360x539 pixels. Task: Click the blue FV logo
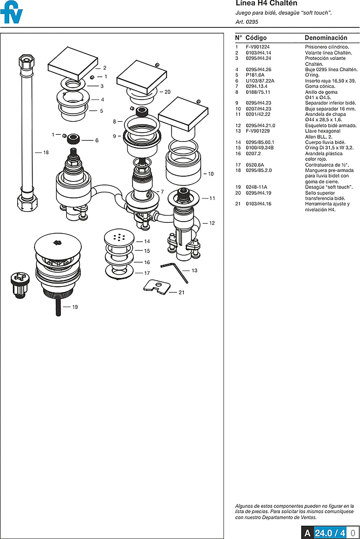pyautogui.click(x=11, y=13)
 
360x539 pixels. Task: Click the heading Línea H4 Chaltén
pyautogui.click(x=266, y=4)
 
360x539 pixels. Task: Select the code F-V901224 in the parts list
pyautogui.click(x=258, y=47)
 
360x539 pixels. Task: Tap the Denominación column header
pyautogui.click(x=326, y=38)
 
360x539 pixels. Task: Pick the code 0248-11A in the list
pyautogui.click(x=256, y=187)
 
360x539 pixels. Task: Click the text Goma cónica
pyautogui.click(x=320, y=86)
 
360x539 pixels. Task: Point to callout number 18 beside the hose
pyautogui.click(x=46, y=152)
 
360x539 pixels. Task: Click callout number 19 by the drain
pyautogui.click(x=75, y=307)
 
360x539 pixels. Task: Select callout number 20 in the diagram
pyautogui.click(x=167, y=92)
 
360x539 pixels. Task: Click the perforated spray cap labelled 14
pyautogui.click(x=119, y=237)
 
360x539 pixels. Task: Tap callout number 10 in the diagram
pyautogui.click(x=211, y=174)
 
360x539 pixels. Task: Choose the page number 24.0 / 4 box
pyautogui.click(x=330, y=533)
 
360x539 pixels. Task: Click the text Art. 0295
pyautogui.click(x=247, y=22)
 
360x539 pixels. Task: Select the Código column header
pyautogui.click(x=256, y=38)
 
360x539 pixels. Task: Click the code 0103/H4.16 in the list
pyautogui.click(x=258, y=204)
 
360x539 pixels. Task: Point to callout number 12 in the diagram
pyautogui.click(x=212, y=223)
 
